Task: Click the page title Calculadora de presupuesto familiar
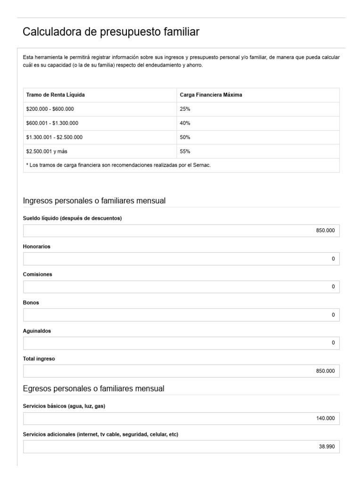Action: pos(111,32)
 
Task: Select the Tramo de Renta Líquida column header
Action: pos(56,95)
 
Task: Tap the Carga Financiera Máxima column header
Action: pos(211,95)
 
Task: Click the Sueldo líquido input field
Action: pos(181,231)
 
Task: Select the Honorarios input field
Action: pos(181,259)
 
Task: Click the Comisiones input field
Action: pos(181,287)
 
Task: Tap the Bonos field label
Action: pos(31,302)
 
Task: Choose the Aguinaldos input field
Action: pos(181,343)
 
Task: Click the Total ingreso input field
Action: pos(181,371)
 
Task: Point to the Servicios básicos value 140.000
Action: pos(325,418)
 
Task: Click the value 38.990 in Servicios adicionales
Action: pos(327,446)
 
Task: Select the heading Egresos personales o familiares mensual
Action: pos(93,389)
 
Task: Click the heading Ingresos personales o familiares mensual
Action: pos(94,201)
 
